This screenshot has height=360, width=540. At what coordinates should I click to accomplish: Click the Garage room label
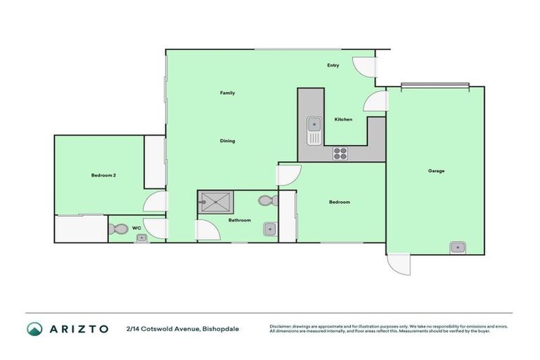(x=436, y=171)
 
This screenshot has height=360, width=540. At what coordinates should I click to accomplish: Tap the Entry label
(x=333, y=65)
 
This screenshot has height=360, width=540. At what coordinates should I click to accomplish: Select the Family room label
(x=227, y=93)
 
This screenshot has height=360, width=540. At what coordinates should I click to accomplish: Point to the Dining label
(x=227, y=141)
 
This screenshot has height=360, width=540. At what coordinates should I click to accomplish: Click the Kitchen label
(x=343, y=120)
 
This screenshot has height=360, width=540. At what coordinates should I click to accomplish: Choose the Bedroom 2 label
(x=103, y=175)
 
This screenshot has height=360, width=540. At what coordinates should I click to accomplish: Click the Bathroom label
(x=239, y=220)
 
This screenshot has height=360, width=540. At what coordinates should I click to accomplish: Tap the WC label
(x=137, y=228)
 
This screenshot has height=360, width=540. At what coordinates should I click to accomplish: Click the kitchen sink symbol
(x=314, y=126)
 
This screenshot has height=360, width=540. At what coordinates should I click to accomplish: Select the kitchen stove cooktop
(x=340, y=153)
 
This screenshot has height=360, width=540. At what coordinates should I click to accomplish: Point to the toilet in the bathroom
(x=265, y=201)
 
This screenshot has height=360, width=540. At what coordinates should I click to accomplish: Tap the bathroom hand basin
(x=269, y=229)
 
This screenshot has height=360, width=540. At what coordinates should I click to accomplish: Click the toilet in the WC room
(x=118, y=229)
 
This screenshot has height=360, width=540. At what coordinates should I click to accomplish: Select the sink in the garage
(x=457, y=246)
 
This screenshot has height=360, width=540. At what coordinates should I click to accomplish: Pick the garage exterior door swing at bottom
(x=397, y=264)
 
